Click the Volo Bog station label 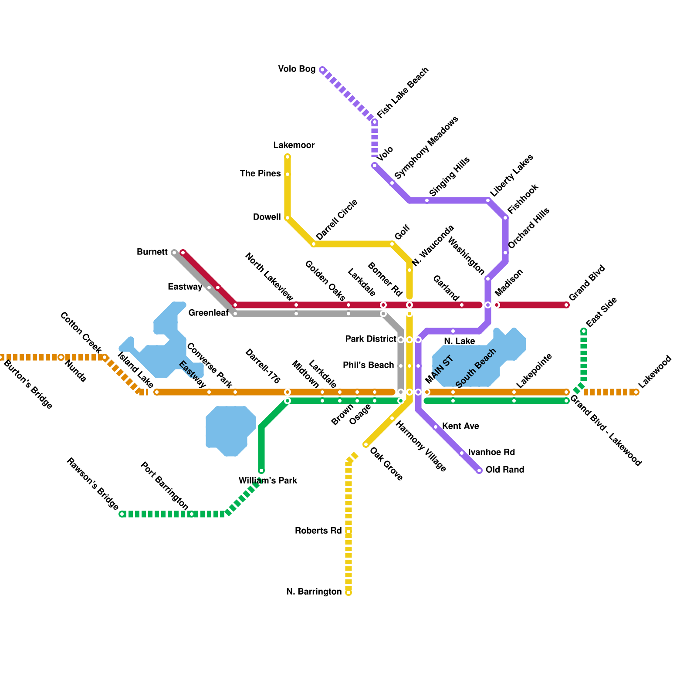[297, 69]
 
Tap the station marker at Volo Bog [322, 70]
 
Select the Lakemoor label [294, 145]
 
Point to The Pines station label [261, 174]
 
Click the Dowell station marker [288, 218]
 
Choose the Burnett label [152, 252]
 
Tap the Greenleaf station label [208, 313]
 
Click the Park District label [370, 339]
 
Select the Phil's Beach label [369, 365]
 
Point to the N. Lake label [459, 341]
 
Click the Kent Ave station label [460, 426]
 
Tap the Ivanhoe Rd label [491, 453]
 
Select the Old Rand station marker [479, 470]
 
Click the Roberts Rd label [318, 531]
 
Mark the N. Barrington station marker [348, 592]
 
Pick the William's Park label [268, 481]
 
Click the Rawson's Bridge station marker [122, 514]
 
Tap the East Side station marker [584, 331]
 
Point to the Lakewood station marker [636, 392]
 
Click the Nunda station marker [61, 357]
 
